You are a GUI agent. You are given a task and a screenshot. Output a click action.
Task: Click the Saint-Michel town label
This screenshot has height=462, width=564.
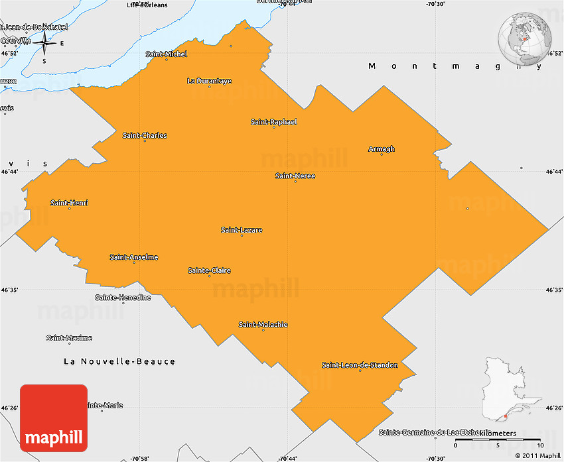coord(167,54)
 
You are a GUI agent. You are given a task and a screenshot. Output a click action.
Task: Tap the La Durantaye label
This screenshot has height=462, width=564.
coord(209,81)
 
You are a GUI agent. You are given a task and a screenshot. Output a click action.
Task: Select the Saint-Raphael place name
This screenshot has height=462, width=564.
coord(273,122)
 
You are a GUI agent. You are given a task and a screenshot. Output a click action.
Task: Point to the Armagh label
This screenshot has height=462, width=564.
coord(382,149)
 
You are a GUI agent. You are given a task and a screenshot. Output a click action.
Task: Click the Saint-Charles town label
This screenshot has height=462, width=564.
coord(145,135)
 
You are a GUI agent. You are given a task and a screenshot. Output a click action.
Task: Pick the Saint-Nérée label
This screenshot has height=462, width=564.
coord(295,176)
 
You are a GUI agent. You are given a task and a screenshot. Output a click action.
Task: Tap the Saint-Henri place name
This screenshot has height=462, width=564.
coord(69,203)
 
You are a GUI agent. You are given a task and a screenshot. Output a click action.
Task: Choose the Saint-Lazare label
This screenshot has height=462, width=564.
coord(242,230)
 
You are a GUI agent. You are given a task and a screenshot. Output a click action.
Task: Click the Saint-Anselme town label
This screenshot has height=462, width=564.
coord(134,257)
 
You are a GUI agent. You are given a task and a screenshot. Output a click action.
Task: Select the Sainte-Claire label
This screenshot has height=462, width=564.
coord(209,270)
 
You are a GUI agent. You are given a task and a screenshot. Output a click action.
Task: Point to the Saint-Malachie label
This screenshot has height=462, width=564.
coord(263,324)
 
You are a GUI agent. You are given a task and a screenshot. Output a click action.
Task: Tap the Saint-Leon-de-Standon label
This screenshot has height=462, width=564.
coord(360,365)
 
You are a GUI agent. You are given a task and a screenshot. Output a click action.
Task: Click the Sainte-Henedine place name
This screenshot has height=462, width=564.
coord(123,298)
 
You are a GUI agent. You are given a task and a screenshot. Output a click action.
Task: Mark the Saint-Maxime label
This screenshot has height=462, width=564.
coord(69,338)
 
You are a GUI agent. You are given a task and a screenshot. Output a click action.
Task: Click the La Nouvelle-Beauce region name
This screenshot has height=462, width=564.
coord(119,361)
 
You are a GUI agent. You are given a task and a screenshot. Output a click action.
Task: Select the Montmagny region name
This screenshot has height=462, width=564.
coord(451,66)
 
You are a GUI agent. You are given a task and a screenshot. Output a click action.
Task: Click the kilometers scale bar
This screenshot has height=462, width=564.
coord(498,439)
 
